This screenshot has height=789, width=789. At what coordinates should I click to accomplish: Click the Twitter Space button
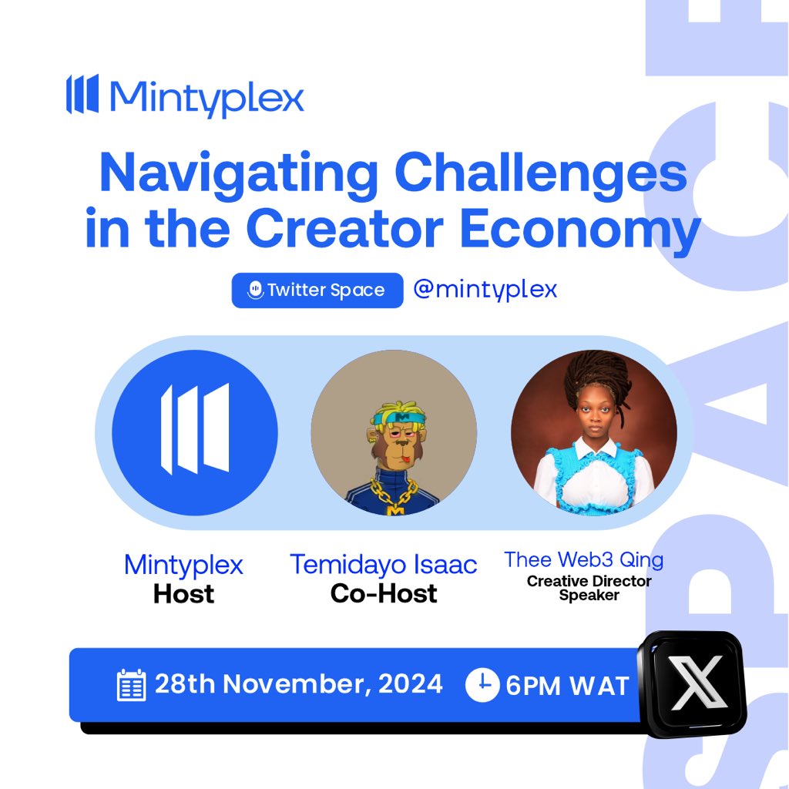[x=317, y=290]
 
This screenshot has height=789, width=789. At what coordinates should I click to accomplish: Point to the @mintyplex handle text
[x=485, y=290]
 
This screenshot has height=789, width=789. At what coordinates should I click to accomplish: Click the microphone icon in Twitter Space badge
[x=254, y=290]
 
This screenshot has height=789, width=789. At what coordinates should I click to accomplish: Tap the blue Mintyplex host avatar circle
[x=194, y=431]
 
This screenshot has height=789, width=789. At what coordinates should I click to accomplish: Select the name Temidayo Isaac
[x=384, y=565]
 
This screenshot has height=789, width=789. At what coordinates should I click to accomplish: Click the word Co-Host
[x=384, y=593]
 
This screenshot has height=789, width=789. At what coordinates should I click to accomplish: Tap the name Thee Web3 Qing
[x=583, y=560]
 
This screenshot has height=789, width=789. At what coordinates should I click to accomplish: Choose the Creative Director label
[x=589, y=581]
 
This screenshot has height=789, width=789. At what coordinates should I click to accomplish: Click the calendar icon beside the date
[x=131, y=684]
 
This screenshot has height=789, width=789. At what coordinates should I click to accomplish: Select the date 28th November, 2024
[x=299, y=683]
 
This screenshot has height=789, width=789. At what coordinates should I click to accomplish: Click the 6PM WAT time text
[x=567, y=686]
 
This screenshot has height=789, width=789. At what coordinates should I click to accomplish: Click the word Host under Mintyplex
[x=183, y=594]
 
